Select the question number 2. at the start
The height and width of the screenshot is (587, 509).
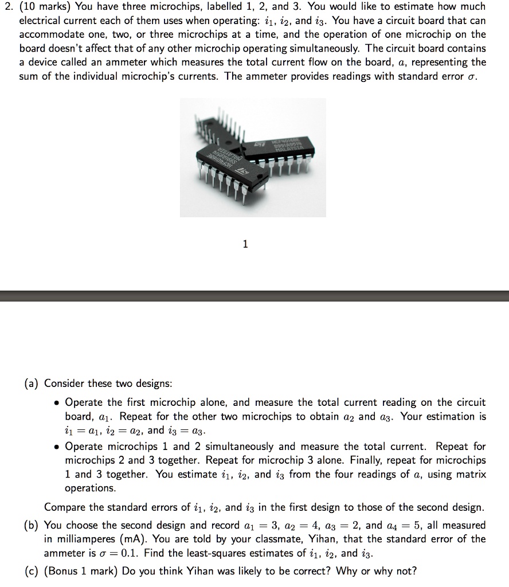pyautogui.click(x=9, y=7)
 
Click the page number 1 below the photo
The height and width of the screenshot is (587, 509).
pyautogui.click(x=245, y=244)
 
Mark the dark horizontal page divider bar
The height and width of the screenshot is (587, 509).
pyautogui.click(x=254, y=296)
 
